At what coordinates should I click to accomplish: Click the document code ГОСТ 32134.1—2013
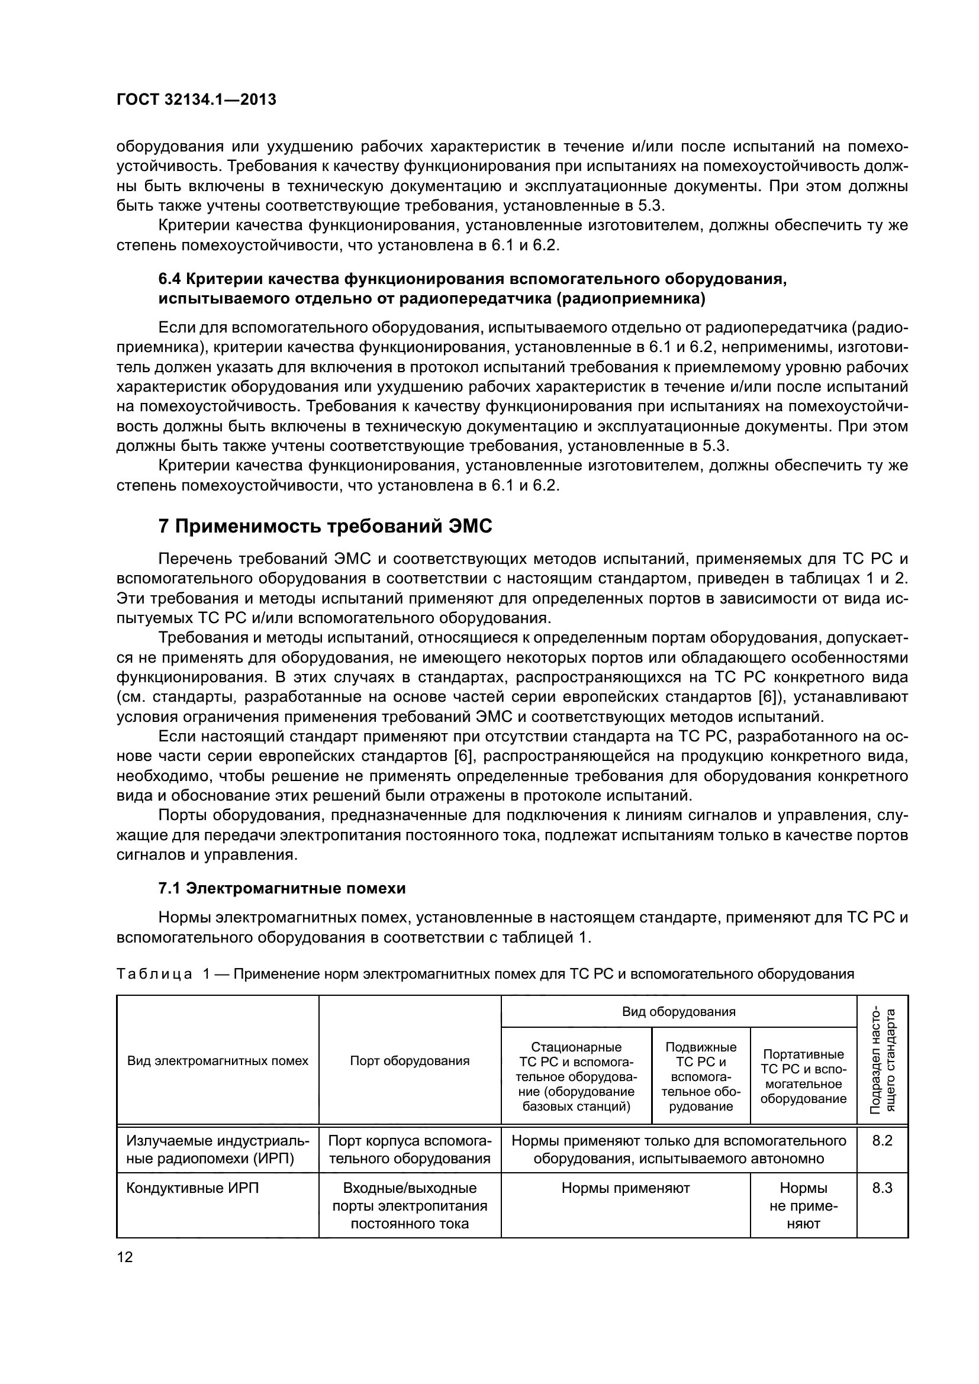[196, 100]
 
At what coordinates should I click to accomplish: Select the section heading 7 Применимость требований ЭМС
[325, 526]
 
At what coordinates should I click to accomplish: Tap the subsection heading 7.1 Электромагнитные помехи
[282, 888]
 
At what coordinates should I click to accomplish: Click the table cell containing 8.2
[882, 1140]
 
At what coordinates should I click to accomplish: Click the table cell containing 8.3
[882, 1188]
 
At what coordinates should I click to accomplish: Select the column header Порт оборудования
[410, 1061]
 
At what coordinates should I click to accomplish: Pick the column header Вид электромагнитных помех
[218, 1061]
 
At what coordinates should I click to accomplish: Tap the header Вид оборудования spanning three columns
[678, 1011]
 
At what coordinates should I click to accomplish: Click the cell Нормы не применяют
[803, 1205]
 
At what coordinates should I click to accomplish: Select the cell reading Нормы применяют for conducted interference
[625, 1188]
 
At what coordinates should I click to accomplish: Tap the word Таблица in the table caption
[154, 973]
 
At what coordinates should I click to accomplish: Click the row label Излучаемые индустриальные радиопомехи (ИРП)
[217, 1149]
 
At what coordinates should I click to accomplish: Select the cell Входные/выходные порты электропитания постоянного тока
[410, 1205]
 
